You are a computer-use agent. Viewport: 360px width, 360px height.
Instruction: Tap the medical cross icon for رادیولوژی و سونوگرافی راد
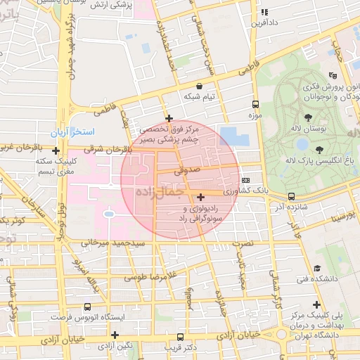[x=201, y=197]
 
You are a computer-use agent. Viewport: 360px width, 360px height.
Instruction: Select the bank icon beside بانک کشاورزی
[x=245, y=181]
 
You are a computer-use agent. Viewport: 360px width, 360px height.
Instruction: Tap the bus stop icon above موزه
[x=254, y=103]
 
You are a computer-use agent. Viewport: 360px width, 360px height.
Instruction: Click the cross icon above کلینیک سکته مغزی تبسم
[x=55, y=150]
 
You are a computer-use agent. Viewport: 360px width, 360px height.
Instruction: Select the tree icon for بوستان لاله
[x=308, y=117]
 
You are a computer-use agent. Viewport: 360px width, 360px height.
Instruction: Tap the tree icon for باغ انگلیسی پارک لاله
[x=320, y=149]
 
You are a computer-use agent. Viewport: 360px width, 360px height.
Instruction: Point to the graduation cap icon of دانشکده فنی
[x=317, y=269]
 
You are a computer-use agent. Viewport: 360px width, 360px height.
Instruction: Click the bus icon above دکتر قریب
[x=181, y=337]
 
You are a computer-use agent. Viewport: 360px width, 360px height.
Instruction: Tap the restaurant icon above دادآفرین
[x=264, y=12]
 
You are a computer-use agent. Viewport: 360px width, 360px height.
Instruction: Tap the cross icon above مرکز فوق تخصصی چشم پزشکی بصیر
[x=168, y=118]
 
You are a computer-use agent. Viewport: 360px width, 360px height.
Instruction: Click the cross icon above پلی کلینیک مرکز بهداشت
[x=317, y=304]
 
